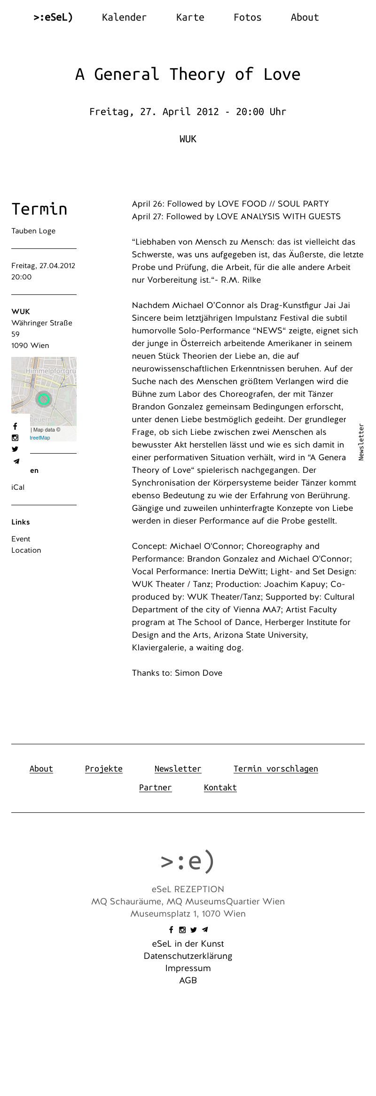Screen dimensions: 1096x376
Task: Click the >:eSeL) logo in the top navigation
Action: pyautogui.click(x=53, y=17)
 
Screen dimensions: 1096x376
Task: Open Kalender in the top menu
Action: pyautogui.click(x=124, y=17)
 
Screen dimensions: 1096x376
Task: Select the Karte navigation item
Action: pyautogui.click(x=190, y=17)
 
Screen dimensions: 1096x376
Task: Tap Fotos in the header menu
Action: pyautogui.click(x=247, y=17)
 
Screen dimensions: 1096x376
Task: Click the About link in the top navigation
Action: pyautogui.click(x=305, y=17)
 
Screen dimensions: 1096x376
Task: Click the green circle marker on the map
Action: pyautogui.click(x=44, y=399)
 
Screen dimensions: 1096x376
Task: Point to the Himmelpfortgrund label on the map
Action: pyautogui.click(x=51, y=371)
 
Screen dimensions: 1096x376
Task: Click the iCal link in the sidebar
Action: pyautogui.click(x=18, y=487)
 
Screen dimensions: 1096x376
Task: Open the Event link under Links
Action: pyautogui.click(x=21, y=539)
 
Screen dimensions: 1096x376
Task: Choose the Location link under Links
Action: pyautogui.click(x=26, y=550)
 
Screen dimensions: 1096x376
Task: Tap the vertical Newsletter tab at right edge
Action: pyautogui.click(x=361, y=442)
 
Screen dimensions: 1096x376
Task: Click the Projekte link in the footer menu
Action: pyautogui.click(x=103, y=769)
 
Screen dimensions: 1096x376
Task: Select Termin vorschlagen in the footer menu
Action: pyautogui.click(x=275, y=769)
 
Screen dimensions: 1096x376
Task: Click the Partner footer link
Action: pyautogui.click(x=155, y=787)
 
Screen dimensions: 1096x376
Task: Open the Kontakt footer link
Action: pyautogui.click(x=220, y=787)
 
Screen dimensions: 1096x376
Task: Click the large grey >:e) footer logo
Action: pyautogui.click(x=188, y=861)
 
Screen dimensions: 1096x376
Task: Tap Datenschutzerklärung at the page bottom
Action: pyautogui.click(x=188, y=956)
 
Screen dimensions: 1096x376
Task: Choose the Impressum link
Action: pyautogui.click(x=188, y=968)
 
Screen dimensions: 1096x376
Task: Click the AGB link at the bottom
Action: pyautogui.click(x=188, y=980)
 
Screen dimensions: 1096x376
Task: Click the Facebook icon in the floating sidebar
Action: pyautogui.click(x=15, y=426)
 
